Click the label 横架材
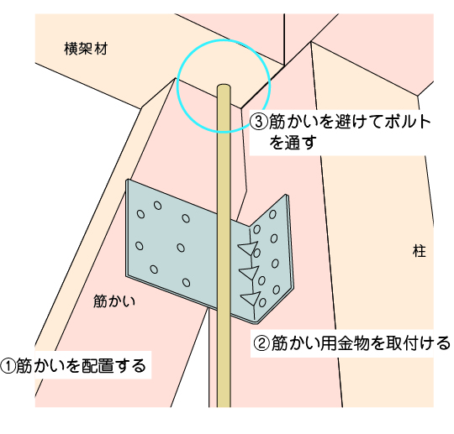(x=86, y=49)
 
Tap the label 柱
(x=420, y=251)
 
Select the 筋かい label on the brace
(x=114, y=301)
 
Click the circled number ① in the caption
(x=8, y=365)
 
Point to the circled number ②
(x=261, y=343)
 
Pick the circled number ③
(x=258, y=122)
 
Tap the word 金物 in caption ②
(x=360, y=343)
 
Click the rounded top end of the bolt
(x=224, y=86)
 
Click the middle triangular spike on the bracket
(x=248, y=273)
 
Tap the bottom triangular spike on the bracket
(x=250, y=298)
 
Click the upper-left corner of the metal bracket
(x=126, y=180)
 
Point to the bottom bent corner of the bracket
(x=256, y=321)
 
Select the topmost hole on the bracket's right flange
(x=272, y=215)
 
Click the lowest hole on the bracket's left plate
(x=187, y=283)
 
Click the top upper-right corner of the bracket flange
(x=287, y=196)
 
